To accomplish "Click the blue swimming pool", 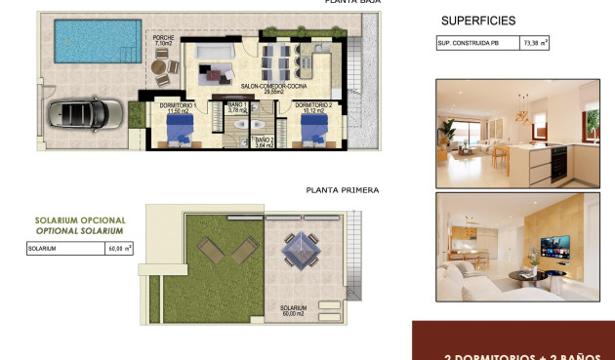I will [x=91, y=42].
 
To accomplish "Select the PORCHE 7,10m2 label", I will [x=163, y=40].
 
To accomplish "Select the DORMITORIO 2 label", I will [x=313, y=106].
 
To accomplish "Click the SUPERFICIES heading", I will [x=478, y=20].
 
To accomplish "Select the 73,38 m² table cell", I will [x=536, y=43].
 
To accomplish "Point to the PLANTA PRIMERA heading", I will [x=342, y=190].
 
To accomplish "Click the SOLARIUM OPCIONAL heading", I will [x=79, y=220].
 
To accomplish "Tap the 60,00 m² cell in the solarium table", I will [x=119, y=249].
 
